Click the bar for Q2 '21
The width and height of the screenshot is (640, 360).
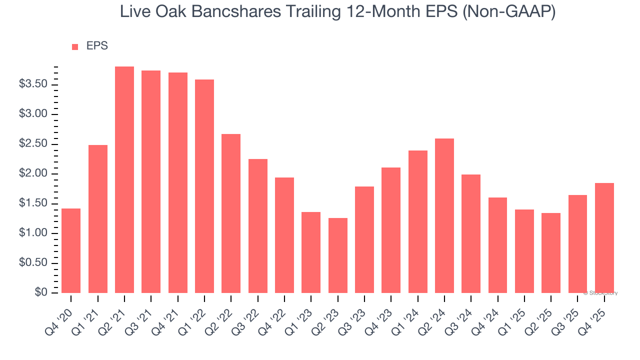coord(124,180)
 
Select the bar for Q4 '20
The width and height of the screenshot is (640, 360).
coord(71,250)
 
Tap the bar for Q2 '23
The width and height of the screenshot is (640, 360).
coord(337,255)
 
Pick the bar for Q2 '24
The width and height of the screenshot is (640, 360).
coord(444,215)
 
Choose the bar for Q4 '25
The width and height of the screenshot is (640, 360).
coord(604,238)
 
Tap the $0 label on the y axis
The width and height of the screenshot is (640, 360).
coord(40,293)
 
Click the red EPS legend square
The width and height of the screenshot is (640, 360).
coord(75,47)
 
